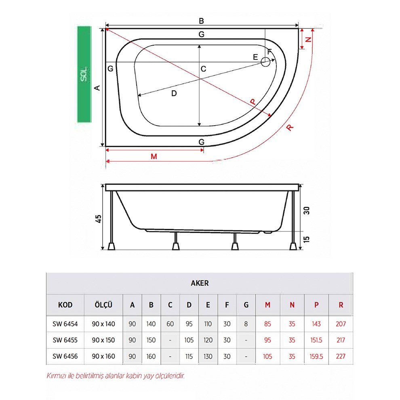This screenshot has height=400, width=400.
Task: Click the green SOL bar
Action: [84, 74]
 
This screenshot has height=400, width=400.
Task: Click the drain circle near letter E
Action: [265, 62]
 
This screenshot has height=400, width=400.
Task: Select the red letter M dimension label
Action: [154, 156]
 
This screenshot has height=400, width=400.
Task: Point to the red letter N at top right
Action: [309, 40]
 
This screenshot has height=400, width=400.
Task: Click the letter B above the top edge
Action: [201, 21]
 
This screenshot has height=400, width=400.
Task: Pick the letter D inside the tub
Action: [174, 93]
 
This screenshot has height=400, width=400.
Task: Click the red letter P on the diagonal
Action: [253, 102]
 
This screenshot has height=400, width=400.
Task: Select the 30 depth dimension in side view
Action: [307, 210]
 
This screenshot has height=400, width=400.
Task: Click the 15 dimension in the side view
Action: [307, 239]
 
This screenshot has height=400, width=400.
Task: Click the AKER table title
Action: [200, 283]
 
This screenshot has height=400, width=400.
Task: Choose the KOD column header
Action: [65, 305]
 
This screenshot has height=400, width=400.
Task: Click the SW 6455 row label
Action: [65, 340]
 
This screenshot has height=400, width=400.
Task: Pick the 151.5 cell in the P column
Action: [316, 340]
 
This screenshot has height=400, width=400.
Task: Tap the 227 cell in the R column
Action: [341, 356]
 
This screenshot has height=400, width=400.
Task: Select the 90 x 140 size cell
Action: [103, 324]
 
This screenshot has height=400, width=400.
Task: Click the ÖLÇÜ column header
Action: [103, 305]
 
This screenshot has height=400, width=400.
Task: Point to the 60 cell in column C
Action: [170, 324]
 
